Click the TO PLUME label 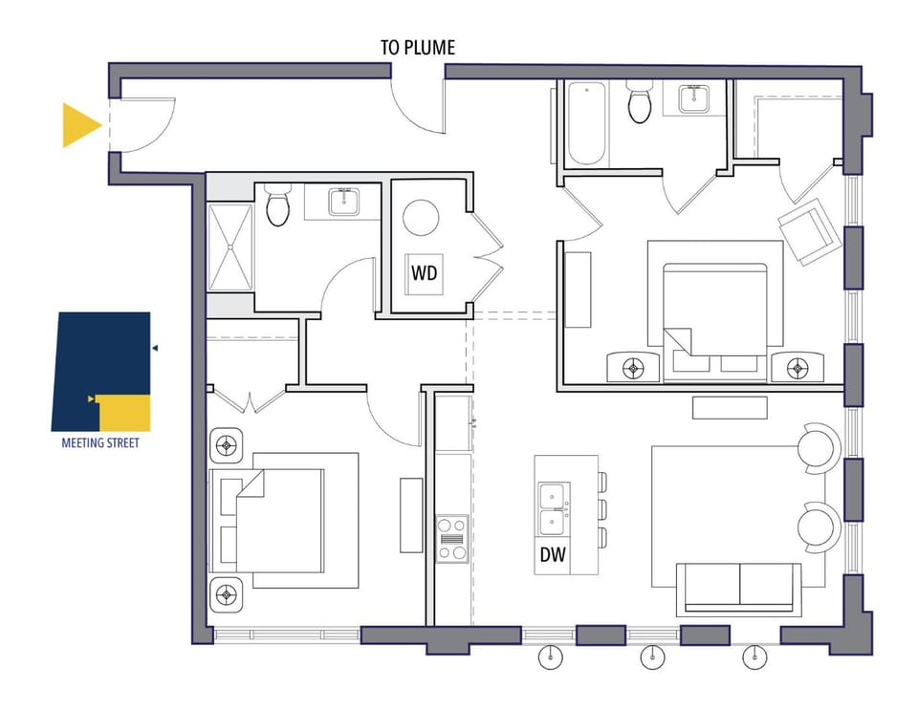(x=418, y=48)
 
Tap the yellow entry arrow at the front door (x=80, y=125)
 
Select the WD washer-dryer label (x=424, y=272)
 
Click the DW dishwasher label (x=553, y=554)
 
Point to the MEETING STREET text (x=100, y=442)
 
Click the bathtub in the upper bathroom (x=586, y=123)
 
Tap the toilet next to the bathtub (x=639, y=102)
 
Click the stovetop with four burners (x=452, y=539)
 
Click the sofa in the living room (x=739, y=589)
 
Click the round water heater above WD (x=421, y=218)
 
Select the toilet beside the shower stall (x=278, y=204)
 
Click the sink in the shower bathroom (x=343, y=202)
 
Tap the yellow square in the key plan (x=124, y=414)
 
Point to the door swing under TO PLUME (x=417, y=111)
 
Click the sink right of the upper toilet (x=694, y=98)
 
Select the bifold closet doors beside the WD (x=488, y=256)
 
